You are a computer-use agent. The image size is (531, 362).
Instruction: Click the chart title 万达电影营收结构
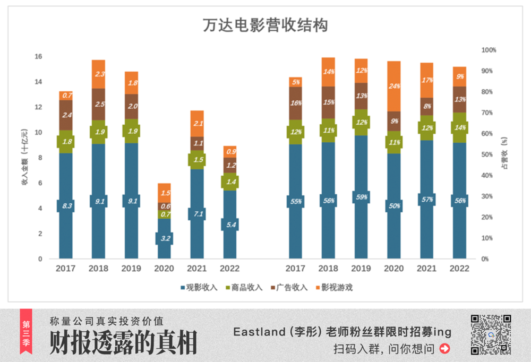(265, 25)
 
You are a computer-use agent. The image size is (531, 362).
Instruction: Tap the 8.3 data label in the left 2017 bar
(66, 205)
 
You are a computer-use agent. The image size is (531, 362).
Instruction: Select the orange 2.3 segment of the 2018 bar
(98, 74)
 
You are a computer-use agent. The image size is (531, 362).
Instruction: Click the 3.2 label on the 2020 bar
(164, 238)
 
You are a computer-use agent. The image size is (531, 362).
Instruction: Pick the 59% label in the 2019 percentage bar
(361, 197)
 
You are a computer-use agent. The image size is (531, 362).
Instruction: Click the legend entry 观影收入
(199, 288)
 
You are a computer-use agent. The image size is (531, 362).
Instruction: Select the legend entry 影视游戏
(334, 288)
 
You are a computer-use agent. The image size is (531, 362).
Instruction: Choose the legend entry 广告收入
(289, 288)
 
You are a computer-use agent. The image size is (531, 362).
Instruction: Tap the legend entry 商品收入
(244, 288)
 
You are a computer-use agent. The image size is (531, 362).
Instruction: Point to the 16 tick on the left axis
(38, 57)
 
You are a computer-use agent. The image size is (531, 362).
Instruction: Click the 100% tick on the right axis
(488, 50)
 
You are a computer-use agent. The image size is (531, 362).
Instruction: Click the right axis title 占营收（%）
(505, 154)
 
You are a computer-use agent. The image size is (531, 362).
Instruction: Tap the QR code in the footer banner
(491, 334)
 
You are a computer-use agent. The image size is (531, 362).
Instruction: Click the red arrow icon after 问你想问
(445, 349)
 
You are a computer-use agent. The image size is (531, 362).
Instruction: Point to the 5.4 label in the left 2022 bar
(229, 225)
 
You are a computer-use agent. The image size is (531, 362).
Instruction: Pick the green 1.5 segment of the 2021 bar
(197, 160)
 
